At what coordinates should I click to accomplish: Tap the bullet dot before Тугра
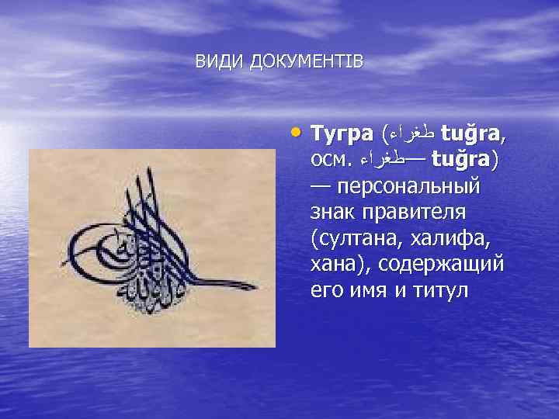click(297, 130)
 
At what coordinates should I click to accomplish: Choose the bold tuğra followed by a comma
click(474, 133)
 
